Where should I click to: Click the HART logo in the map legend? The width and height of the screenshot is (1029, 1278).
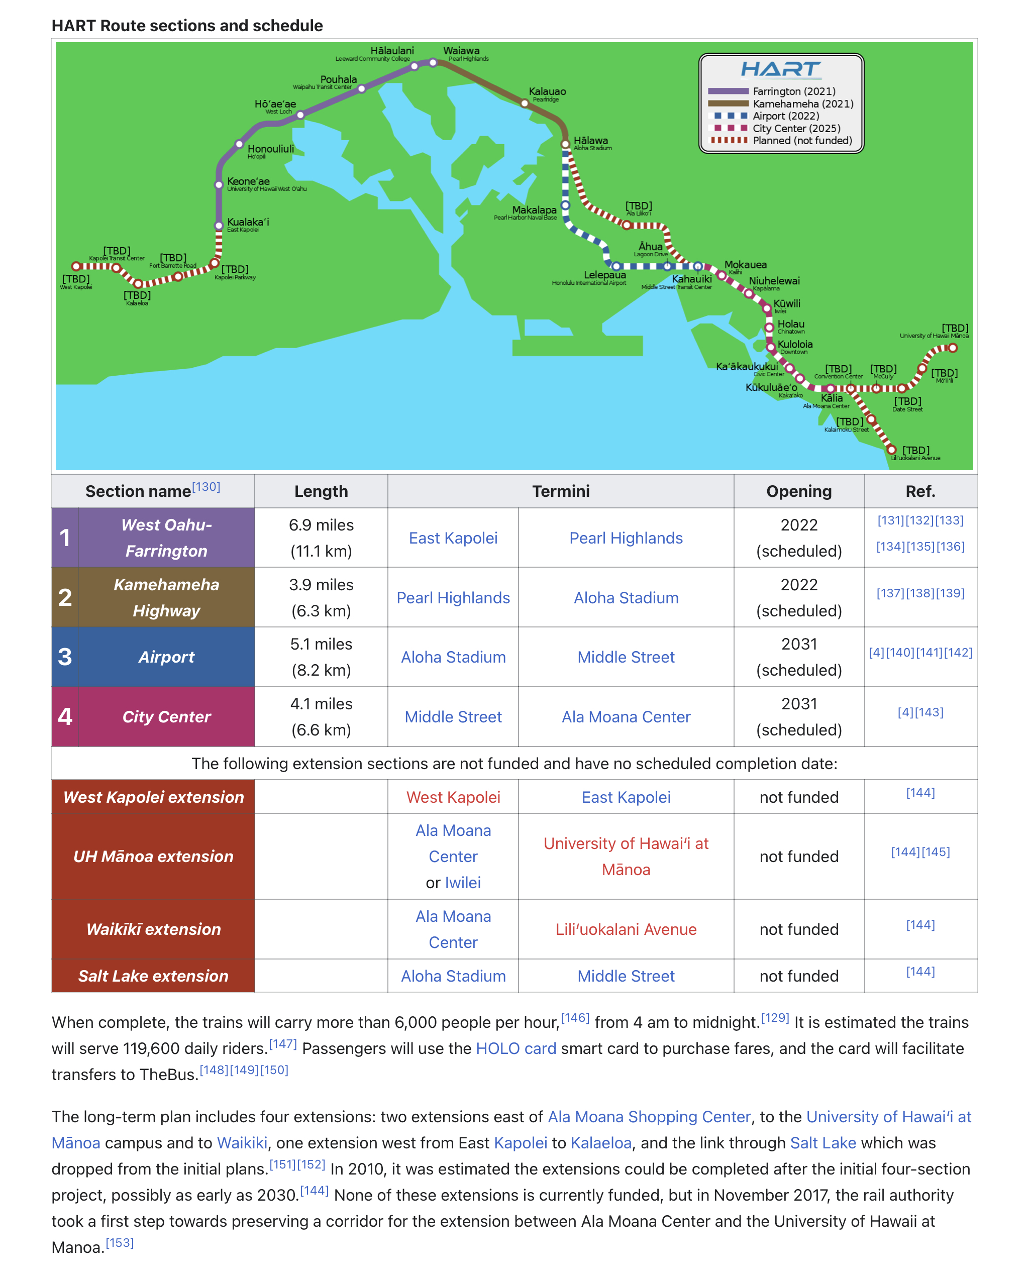[x=781, y=70]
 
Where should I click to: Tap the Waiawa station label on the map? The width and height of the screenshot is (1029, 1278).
[x=461, y=51]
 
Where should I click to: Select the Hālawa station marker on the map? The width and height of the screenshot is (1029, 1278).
[x=565, y=144]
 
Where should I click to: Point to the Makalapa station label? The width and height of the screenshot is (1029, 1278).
[x=534, y=210]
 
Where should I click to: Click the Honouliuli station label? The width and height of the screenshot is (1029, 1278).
[x=270, y=149]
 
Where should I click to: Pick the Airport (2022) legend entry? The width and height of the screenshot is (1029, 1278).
[x=785, y=116]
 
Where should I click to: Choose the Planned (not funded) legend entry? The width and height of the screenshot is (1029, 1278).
[x=802, y=141]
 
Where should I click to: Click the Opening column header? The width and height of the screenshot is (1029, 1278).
[x=798, y=491]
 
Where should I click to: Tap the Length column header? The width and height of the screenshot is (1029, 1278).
[x=321, y=491]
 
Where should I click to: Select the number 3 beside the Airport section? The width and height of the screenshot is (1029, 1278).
[x=65, y=657]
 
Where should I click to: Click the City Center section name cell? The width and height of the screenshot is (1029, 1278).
[x=167, y=717]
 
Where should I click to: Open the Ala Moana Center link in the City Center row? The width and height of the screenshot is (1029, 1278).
[x=626, y=717]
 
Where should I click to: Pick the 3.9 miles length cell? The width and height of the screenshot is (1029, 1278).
[x=321, y=597]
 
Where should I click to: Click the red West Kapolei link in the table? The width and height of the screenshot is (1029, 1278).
[x=453, y=797]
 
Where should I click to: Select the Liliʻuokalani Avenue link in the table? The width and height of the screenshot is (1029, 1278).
[x=626, y=929]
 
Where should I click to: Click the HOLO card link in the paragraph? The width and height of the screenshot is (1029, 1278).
[x=516, y=1048]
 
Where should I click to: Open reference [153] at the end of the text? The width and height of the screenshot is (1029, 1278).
[x=120, y=1243]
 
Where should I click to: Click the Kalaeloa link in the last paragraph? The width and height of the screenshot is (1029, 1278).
[x=600, y=1143]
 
